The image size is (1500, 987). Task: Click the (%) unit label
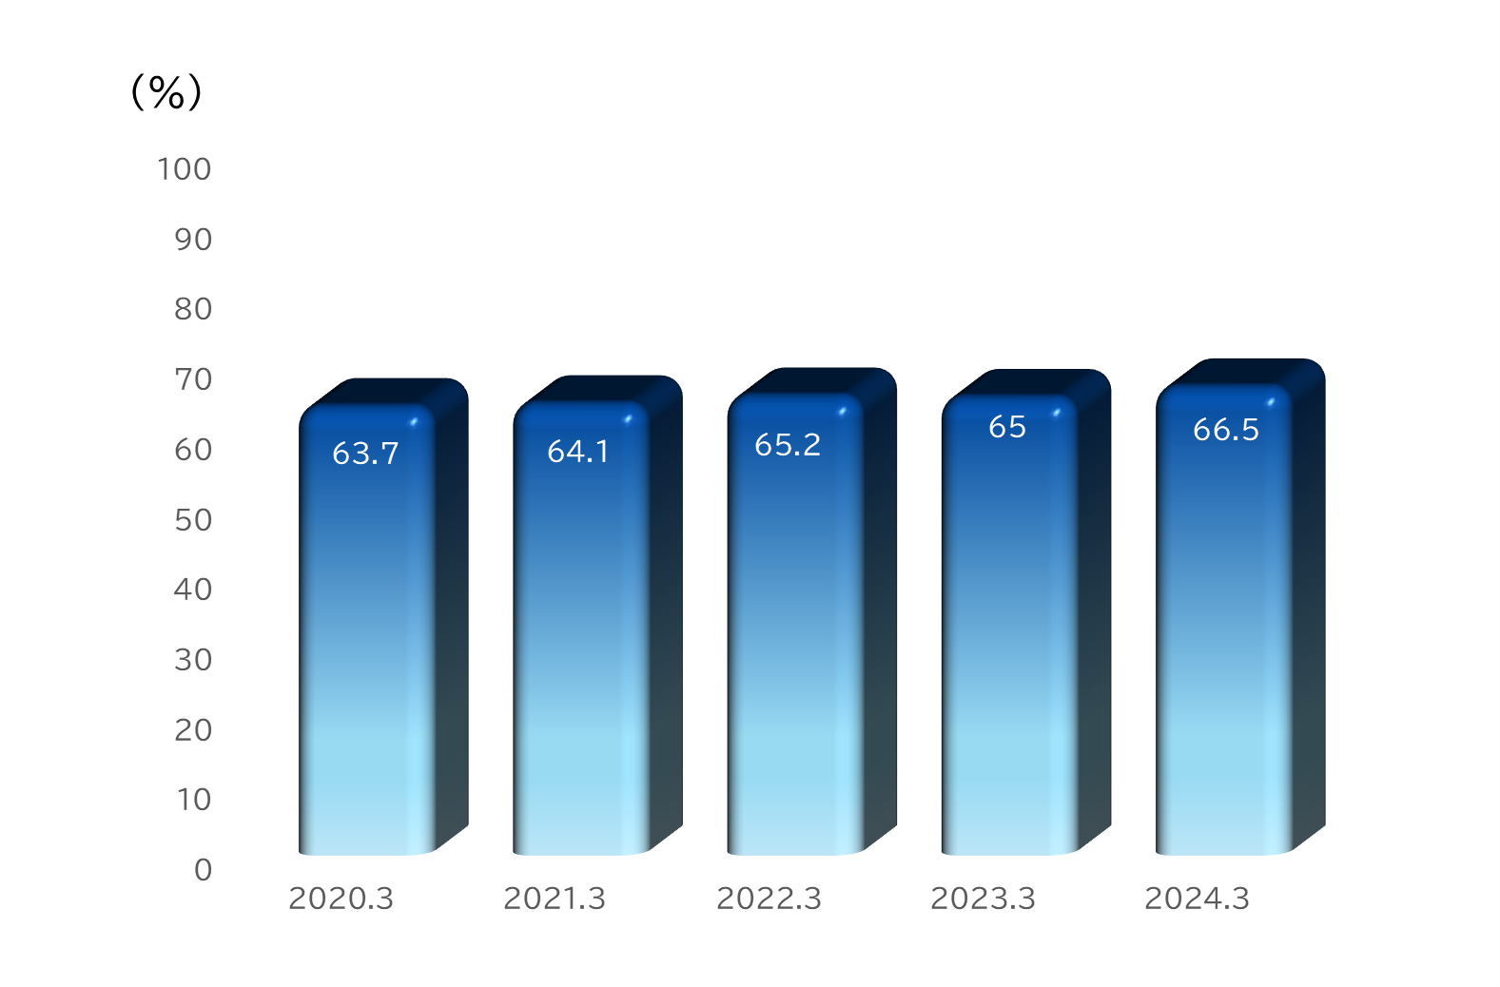[166, 91]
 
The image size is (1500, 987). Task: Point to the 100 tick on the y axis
[185, 169]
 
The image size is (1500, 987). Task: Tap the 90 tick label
[193, 240]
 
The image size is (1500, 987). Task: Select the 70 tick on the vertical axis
[193, 379]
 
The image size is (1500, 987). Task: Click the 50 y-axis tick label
[193, 520]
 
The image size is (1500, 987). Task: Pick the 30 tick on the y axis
[193, 660]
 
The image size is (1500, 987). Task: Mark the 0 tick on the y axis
[203, 870]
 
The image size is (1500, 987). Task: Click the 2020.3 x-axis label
[341, 899]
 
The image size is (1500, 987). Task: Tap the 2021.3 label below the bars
[555, 899]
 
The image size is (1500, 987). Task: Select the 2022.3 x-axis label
[769, 899]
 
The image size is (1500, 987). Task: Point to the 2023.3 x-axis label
[983, 899]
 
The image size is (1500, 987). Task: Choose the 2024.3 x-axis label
[1198, 899]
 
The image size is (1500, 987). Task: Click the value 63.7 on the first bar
[365, 454]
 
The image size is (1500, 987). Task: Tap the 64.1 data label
[578, 452]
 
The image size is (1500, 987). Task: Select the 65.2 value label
[788, 445]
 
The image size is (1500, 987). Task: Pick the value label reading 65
[1007, 427]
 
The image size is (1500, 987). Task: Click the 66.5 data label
[1226, 430]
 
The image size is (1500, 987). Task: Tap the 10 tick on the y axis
[194, 800]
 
